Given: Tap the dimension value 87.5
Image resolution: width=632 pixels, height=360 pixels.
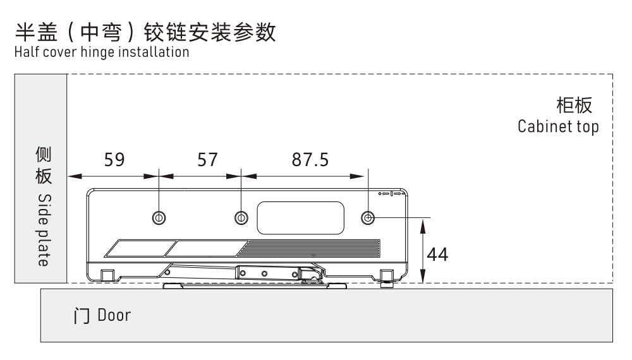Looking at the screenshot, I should [x=310, y=160].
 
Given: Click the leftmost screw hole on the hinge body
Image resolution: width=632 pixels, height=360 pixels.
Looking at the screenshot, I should [x=159, y=218].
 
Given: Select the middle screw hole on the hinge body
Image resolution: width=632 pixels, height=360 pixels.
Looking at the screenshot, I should [x=241, y=218].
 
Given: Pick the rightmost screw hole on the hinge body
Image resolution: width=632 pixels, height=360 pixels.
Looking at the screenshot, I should [x=368, y=218].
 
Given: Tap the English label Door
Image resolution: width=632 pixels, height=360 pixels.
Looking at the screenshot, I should [x=114, y=315].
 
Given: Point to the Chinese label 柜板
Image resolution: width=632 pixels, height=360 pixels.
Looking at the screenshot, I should [x=576, y=104].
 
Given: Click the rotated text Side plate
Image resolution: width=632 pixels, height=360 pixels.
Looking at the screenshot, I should [x=42, y=230].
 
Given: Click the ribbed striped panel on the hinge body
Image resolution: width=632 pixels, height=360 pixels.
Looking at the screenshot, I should [x=313, y=247].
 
